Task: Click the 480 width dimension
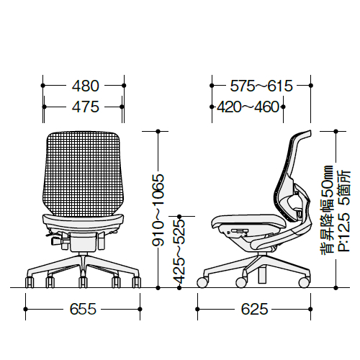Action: coord(86,86)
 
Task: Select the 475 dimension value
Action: coord(86,107)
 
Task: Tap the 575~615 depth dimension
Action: coord(261,86)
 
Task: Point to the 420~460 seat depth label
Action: coord(248,107)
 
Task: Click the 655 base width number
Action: coord(83,309)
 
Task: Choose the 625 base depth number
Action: coord(254,309)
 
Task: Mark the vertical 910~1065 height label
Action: coord(158,210)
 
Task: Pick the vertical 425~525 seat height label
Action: coord(179,251)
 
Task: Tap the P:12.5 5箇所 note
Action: coord(344,211)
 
